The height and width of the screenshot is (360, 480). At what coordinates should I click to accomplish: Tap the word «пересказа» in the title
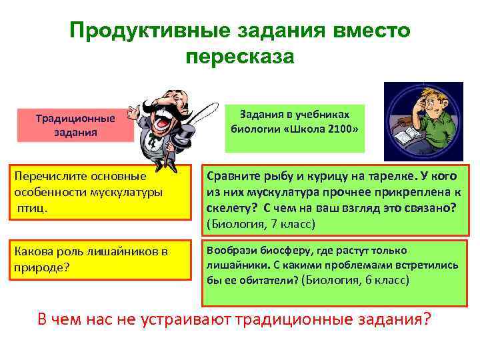point(240,57)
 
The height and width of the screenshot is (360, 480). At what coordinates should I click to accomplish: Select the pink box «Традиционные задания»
point(75,125)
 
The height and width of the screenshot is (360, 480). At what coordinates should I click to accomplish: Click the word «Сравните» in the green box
point(233,177)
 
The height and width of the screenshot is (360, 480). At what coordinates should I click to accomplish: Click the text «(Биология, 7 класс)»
point(260,224)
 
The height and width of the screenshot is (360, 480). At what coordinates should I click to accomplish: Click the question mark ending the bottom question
point(427,319)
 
